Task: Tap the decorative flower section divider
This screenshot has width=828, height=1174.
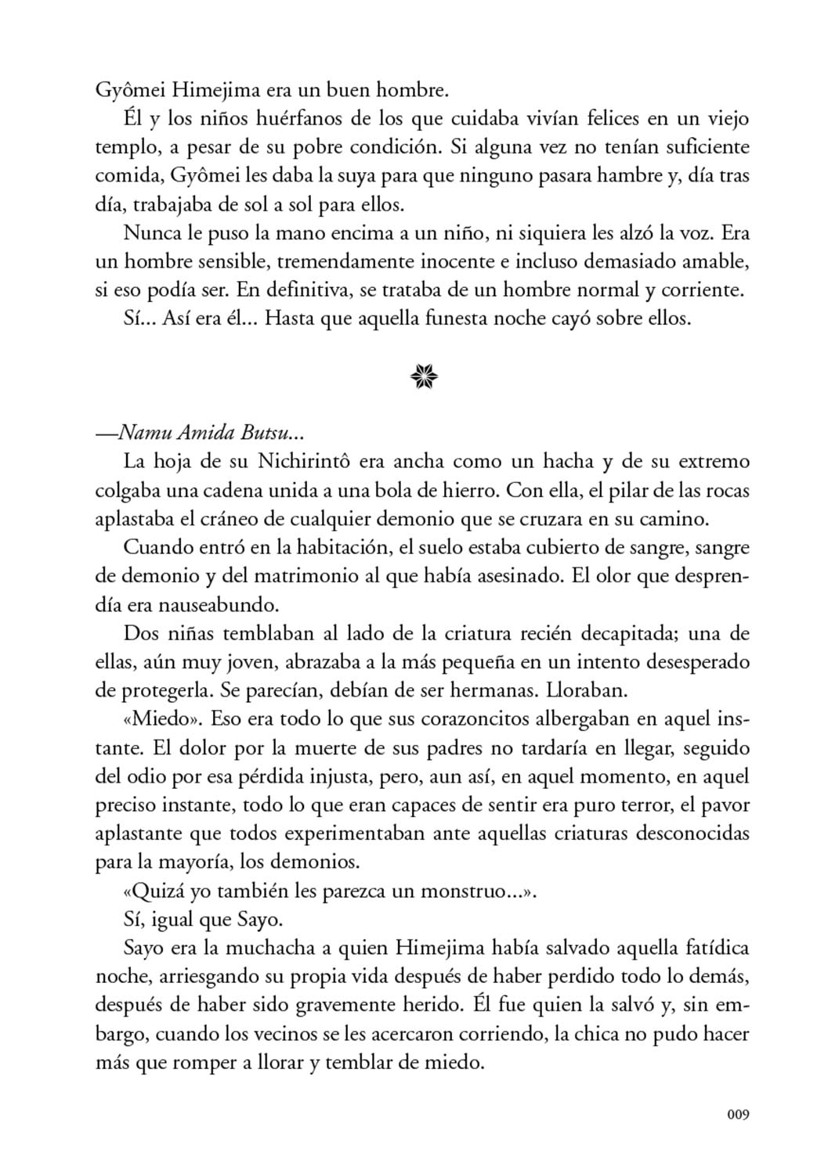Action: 423,379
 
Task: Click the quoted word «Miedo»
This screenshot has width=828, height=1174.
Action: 160,718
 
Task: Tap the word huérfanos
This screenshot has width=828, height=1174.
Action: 276,119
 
